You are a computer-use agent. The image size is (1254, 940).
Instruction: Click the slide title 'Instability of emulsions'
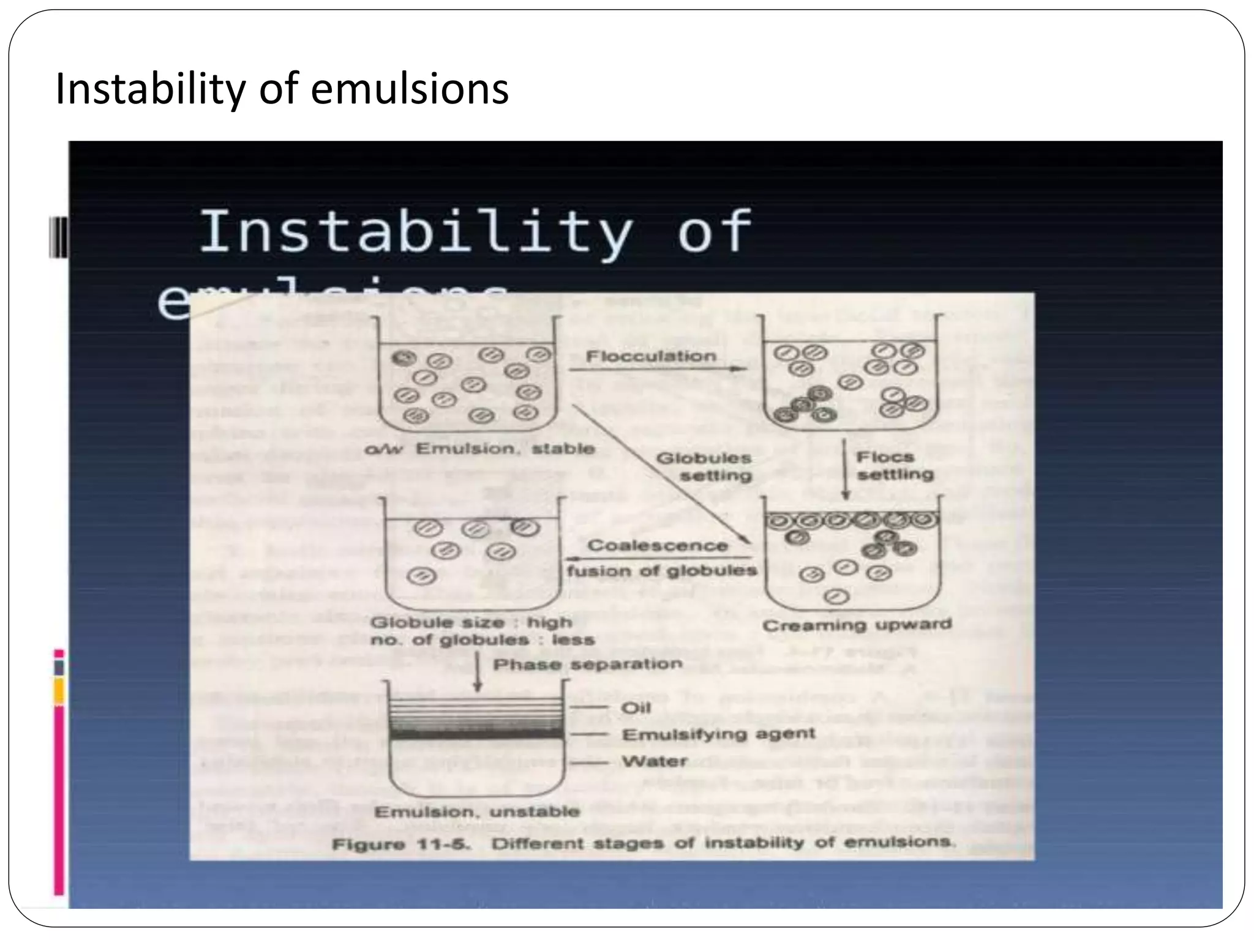(x=282, y=89)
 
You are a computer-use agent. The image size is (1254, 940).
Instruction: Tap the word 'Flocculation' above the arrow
(x=651, y=356)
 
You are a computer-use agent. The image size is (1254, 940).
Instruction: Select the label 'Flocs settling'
(x=895, y=466)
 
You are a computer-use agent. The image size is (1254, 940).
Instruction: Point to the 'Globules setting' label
(x=704, y=466)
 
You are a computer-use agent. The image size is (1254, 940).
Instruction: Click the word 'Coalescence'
(x=658, y=545)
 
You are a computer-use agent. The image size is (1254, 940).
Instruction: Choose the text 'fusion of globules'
(x=662, y=571)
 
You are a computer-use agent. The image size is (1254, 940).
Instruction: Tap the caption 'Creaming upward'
(x=857, y=625)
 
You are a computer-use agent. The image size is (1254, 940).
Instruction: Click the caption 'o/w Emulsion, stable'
(x=479, y=449)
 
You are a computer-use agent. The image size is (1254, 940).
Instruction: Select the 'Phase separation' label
(x=588, y=665)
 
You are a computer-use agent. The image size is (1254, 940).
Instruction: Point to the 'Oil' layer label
(x=636, y=708)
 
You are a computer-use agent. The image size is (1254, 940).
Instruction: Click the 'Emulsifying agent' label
(x=718, y=734)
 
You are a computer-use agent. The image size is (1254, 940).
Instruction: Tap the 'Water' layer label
(x=655, y=761)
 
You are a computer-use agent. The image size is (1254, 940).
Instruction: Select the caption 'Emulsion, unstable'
(x=477, y=812)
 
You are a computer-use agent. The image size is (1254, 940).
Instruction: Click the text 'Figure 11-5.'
(x=401, y=845)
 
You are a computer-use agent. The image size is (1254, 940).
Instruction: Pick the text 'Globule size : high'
(x=471, y=622)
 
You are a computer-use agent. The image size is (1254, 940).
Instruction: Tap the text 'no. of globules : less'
(x=482, y=640)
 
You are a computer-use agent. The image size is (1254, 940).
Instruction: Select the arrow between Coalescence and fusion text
(x=658, y=558)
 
